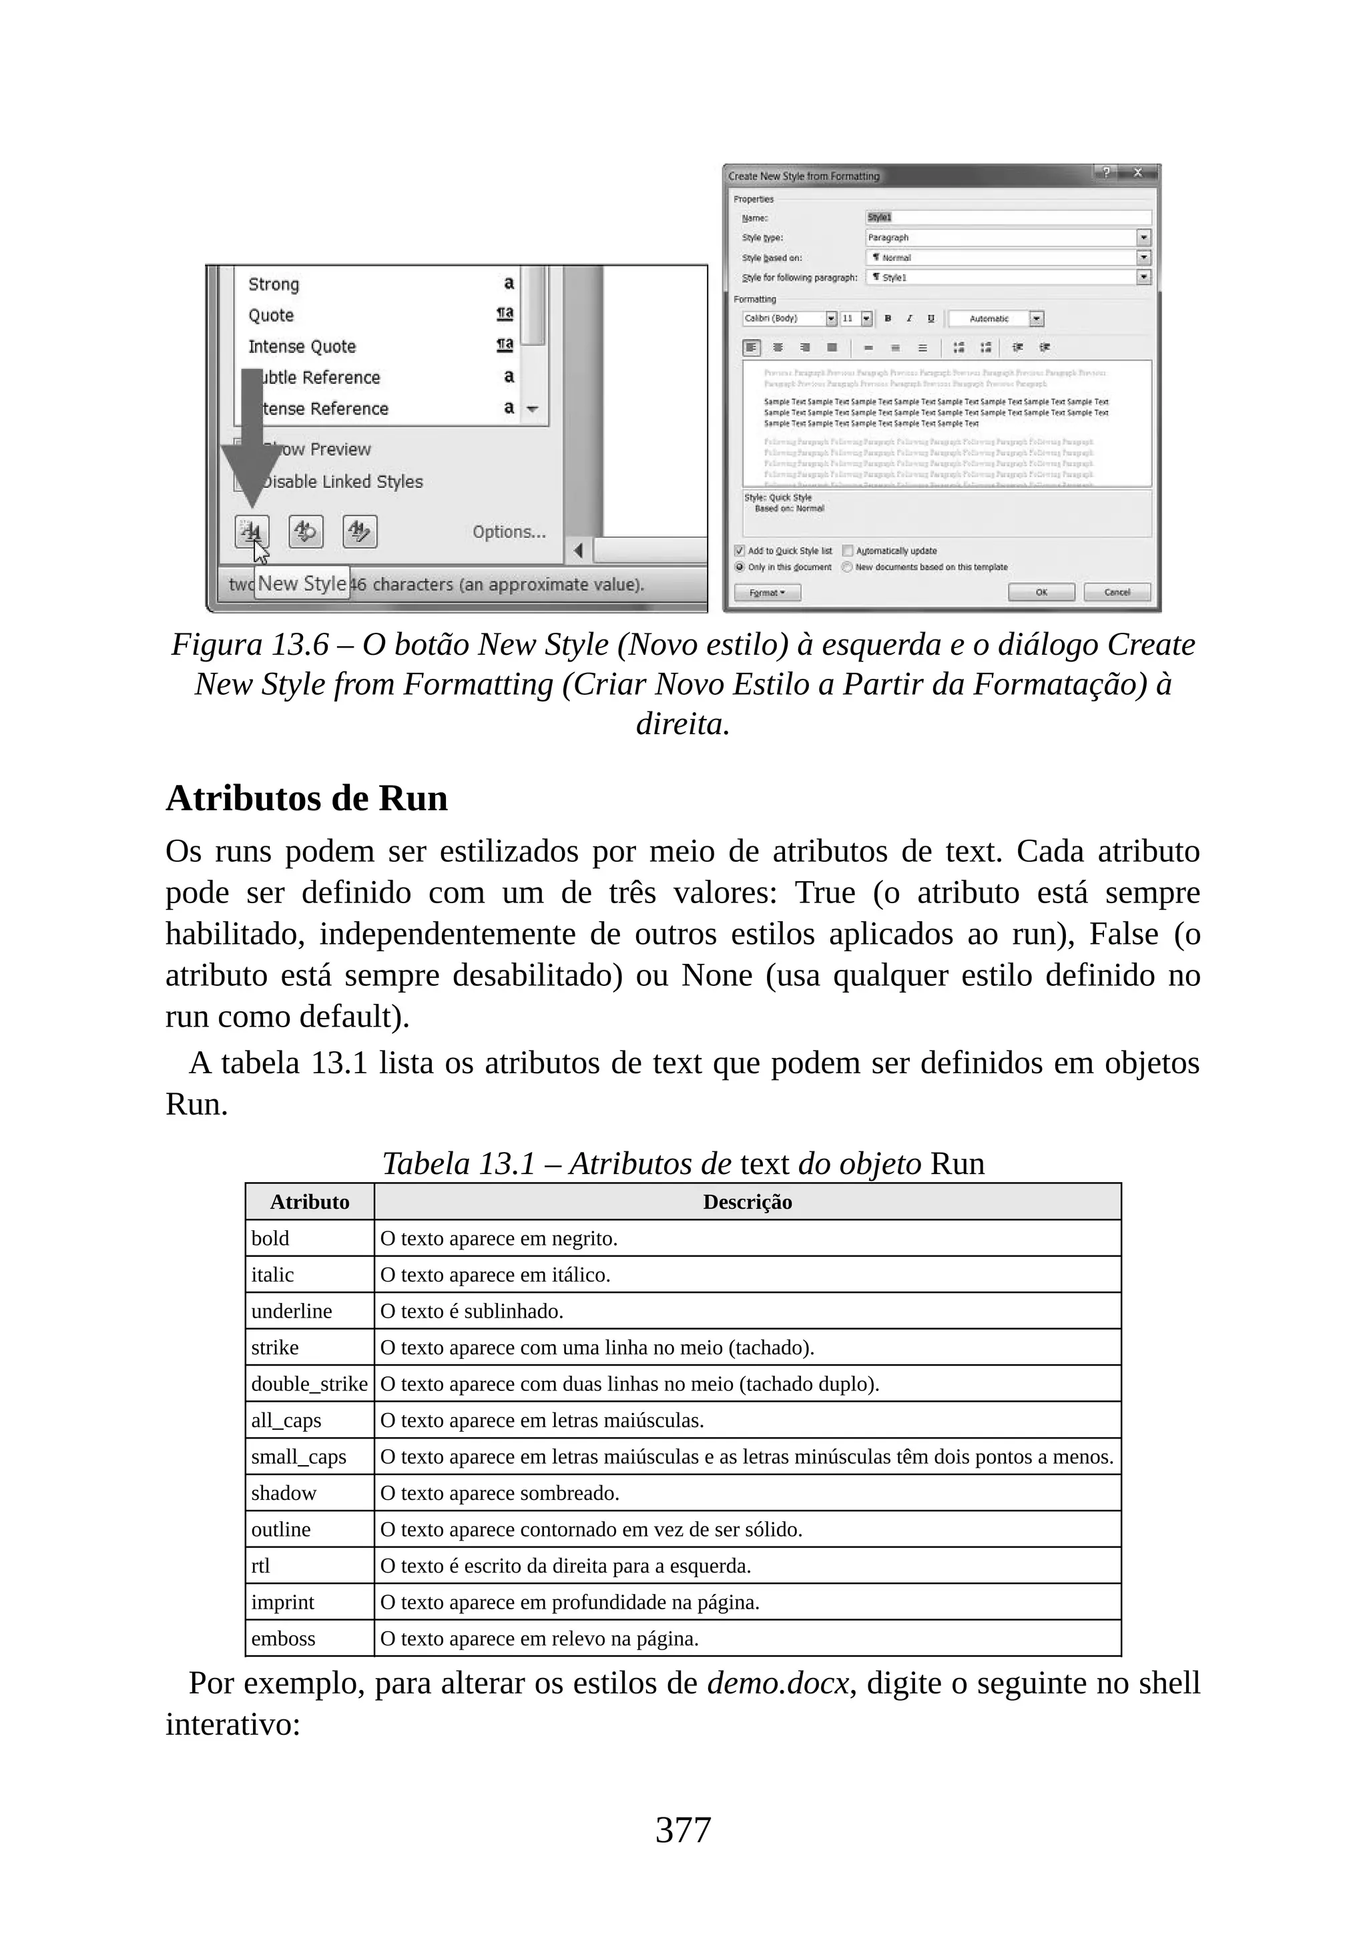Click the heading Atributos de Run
click(x=306, y=798)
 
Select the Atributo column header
click(x=309, y=1201)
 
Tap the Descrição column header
click(x=747, y=1201)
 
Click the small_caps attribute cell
click(x=299, y=1456)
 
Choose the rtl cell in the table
click(x=261, y=1565)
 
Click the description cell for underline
click(x=471, y=1311)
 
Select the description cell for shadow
click(x=499, y=1492)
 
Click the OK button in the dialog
click(x=1041, y=592)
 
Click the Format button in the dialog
click(x=767, y=593)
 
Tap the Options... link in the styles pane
click(x=509, y=532)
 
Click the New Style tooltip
click(x=301, y=583)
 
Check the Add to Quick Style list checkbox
click(x=740, y=551)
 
